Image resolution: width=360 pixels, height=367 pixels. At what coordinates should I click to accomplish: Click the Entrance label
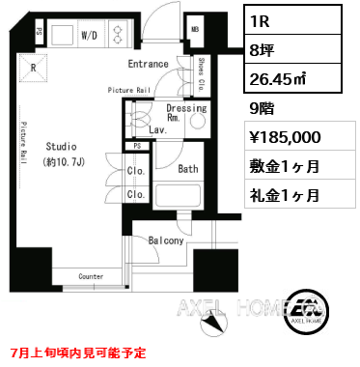click(148, 65)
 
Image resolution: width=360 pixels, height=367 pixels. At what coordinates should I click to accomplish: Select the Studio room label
click(59, 146)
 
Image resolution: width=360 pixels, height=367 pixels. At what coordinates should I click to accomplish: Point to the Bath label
click(189, 169)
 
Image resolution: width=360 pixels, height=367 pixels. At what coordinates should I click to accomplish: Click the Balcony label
click(165, 240)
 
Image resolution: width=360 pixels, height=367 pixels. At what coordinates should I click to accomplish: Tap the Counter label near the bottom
click(91, 276)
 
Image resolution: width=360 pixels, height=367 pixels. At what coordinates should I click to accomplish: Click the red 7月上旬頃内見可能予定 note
click(78, 352)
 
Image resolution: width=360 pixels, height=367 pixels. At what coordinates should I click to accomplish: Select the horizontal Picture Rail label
click(130, 90)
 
